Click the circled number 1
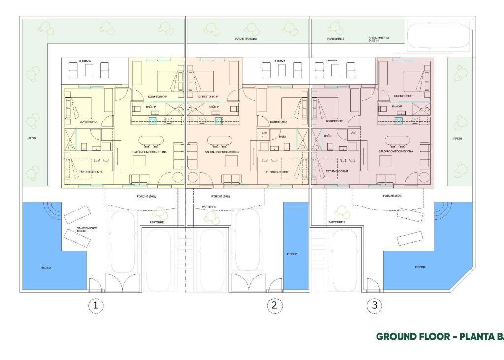click(x=96, y=306)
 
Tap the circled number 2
click(x=275, y=306)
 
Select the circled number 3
click(x=375, y=306)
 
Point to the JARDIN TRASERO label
click(x=246, y=38)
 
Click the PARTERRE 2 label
click(x=336, y=38)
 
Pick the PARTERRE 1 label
click(x=337, y=222)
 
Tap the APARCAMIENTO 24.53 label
click(x=379, y=39)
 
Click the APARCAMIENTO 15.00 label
click(x=87, y=229)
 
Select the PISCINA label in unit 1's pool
click(x=46, y=268)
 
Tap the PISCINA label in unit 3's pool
click(x=420, y=267)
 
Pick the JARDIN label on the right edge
click(x=457, y=139)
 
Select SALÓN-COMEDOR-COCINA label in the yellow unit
click(x=150, y=152)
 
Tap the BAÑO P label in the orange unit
click(x=213, y=107)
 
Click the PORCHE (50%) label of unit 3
click(x=392, y=196)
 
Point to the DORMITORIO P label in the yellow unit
click(x=157, y=96)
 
